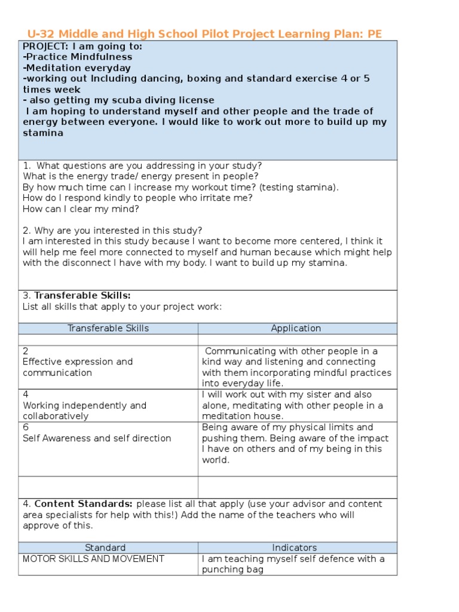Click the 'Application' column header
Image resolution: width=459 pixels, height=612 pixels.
point(296,328)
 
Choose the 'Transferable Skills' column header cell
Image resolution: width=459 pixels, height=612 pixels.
point(108,328)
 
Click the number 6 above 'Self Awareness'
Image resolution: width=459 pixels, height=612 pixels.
point(26,427)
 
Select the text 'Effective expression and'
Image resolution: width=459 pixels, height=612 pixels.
point(78,362)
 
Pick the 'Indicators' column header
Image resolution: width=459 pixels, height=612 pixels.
point(294,547)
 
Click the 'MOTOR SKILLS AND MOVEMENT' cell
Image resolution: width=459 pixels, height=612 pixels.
point(93,559)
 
